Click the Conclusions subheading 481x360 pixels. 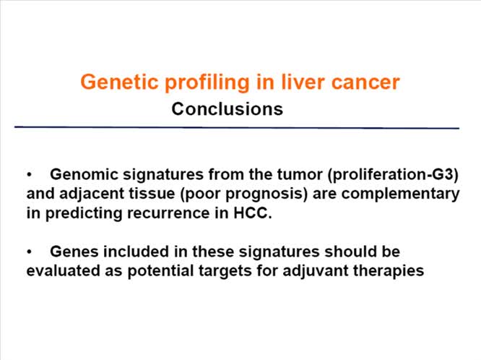pos(227,110)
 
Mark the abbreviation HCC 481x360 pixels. pos(252,214)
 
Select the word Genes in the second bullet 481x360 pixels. pos(71,252)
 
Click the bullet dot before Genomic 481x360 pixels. pos(30,176)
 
